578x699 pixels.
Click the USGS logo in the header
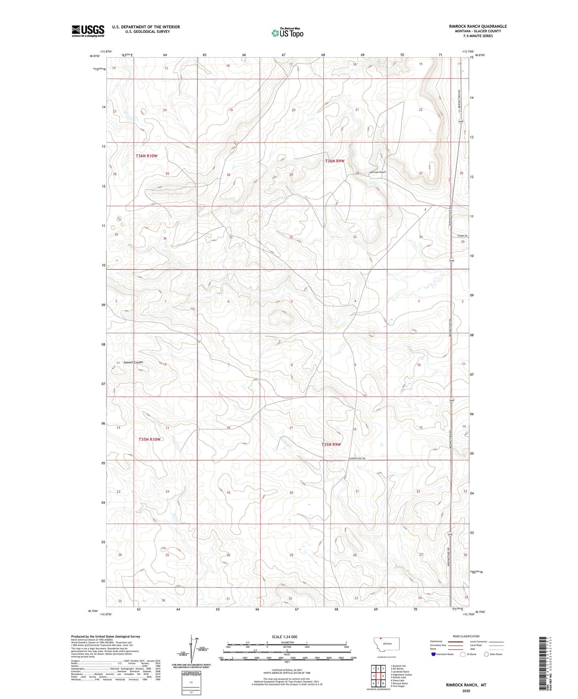click(x=88, y=31)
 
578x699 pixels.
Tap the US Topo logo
click(x=286, y=33)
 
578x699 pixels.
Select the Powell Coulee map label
click(x=133, y=362)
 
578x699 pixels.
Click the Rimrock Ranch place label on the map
click(x=378, y=172)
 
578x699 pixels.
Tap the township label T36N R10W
click(x=146, y=156)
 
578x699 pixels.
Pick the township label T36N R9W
click(x=334, y=161)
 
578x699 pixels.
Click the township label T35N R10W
click(x=149, y=439)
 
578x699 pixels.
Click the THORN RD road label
click(x=462, y=236)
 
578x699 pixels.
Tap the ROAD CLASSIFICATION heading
click(x=466, y=636)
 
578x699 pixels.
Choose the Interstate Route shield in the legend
click(x=434, y=654)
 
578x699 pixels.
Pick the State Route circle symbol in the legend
click(x=486, y=654)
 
